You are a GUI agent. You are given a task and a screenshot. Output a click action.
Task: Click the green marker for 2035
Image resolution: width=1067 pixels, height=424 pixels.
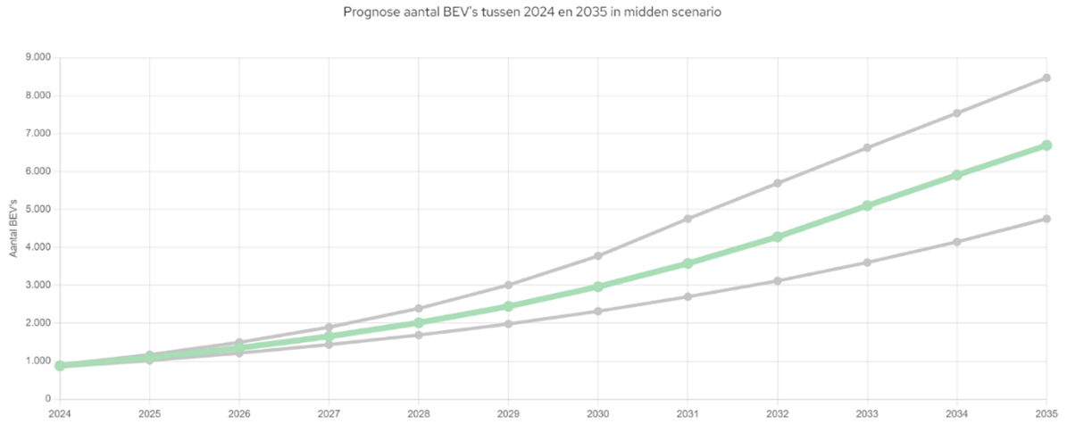1046,145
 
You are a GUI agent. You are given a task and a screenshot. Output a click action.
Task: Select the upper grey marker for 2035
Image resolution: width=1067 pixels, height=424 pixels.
1046,78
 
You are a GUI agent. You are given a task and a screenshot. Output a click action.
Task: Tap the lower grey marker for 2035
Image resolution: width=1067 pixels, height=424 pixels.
1046,219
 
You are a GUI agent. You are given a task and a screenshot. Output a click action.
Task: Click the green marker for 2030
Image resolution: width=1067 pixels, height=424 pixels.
598,287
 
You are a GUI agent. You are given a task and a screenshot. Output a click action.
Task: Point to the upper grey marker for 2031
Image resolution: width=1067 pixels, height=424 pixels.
688,219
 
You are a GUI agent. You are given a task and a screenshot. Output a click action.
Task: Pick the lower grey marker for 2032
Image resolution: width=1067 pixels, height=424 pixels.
778,281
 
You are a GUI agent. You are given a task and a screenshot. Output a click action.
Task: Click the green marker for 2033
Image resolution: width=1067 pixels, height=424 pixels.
867,205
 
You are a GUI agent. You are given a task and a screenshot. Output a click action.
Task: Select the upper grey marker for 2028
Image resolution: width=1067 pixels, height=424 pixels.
418,309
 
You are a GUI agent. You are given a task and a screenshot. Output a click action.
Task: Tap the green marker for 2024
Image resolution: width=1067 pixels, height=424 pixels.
59,365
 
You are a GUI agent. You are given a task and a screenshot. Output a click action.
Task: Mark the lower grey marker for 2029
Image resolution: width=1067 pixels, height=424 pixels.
508,323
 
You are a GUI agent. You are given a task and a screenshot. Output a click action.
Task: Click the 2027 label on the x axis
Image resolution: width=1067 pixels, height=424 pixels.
329,413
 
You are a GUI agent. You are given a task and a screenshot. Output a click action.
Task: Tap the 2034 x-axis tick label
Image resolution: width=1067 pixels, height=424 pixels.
957,413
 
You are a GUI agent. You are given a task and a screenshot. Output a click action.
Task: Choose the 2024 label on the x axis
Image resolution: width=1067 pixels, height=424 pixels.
59,413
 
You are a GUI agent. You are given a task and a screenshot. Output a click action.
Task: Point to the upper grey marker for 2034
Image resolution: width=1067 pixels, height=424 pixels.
957,113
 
